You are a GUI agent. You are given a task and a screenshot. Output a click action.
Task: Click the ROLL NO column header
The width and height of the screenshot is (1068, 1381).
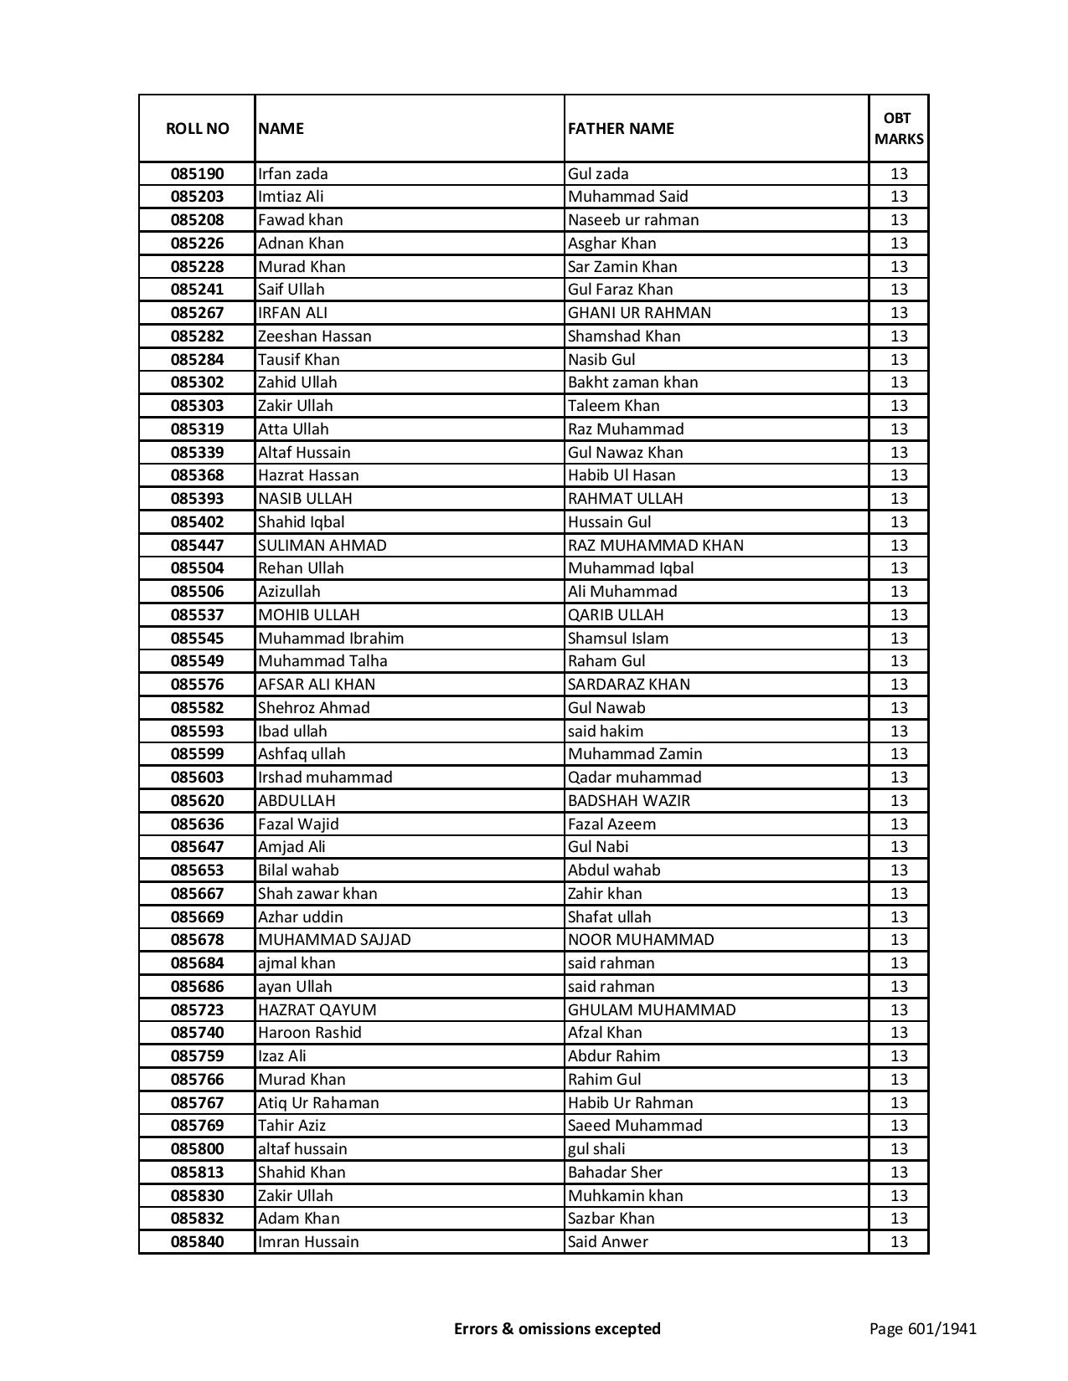[197, 128]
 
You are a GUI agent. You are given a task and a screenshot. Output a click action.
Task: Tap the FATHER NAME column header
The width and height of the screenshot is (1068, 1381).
[621, 128]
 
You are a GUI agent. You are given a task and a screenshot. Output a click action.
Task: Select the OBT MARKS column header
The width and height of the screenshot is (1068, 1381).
[899, 128]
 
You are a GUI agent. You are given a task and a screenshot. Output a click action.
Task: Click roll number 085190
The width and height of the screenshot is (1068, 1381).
[197, 174]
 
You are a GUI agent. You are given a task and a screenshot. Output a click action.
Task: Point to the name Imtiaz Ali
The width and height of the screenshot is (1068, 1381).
[291, 197]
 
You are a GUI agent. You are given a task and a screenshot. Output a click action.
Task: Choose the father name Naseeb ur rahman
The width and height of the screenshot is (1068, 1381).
[633, 220]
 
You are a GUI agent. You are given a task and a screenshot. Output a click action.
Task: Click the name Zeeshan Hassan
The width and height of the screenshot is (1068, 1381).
[315, 336]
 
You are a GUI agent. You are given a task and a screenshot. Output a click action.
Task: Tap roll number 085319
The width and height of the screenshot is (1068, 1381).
[197, 429]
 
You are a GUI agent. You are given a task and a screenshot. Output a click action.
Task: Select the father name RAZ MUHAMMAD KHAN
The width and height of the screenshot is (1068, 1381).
[656, 546]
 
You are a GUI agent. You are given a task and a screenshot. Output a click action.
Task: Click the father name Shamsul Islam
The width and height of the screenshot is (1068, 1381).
[618, 639]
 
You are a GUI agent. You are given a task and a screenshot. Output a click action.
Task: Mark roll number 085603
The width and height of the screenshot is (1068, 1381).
[197, 778]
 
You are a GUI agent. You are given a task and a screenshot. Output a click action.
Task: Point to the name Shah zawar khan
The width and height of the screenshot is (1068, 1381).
[317, 894]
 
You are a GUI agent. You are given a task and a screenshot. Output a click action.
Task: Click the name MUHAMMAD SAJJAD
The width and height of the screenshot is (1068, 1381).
[334, 940]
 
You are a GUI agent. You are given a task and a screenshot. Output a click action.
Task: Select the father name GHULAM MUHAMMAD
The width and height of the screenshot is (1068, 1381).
[652, 1010]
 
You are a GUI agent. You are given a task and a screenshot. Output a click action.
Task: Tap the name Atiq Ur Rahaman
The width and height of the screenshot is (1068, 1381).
[318, 1103]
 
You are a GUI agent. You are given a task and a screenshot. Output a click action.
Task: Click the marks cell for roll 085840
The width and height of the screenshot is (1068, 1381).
[899, 1242]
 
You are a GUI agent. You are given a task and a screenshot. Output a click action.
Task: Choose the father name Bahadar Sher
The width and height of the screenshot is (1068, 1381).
[615, 1173]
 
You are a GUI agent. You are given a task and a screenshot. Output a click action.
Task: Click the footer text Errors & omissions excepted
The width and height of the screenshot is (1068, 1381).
[557, 1328]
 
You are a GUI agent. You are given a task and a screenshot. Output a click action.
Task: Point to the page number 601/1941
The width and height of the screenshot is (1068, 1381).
[923, 1328]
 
